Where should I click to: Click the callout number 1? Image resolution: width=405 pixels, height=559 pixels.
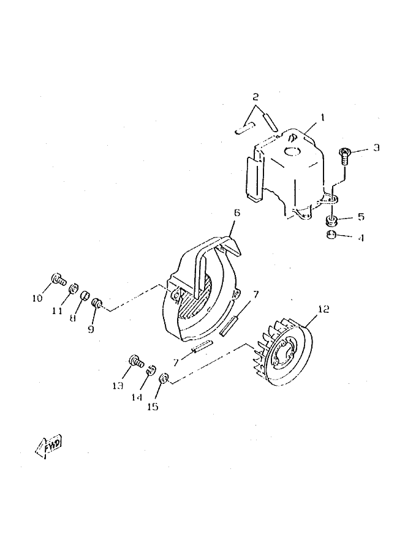click(323, 116)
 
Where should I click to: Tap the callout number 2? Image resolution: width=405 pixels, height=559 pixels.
click(255, 97)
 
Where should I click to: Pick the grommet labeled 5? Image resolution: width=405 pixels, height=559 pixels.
click(331, 219)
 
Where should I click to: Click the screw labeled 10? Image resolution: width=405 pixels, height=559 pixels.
click(58, 280)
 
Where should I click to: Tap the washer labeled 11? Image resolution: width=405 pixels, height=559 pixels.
click(73, 288)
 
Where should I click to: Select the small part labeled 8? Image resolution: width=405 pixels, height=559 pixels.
click(85, 296)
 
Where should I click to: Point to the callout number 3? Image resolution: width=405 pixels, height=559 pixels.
click(376, 147)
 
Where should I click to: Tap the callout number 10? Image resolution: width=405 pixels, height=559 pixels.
click(37, 298)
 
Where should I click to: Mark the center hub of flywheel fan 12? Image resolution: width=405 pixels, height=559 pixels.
click(286, 355)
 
